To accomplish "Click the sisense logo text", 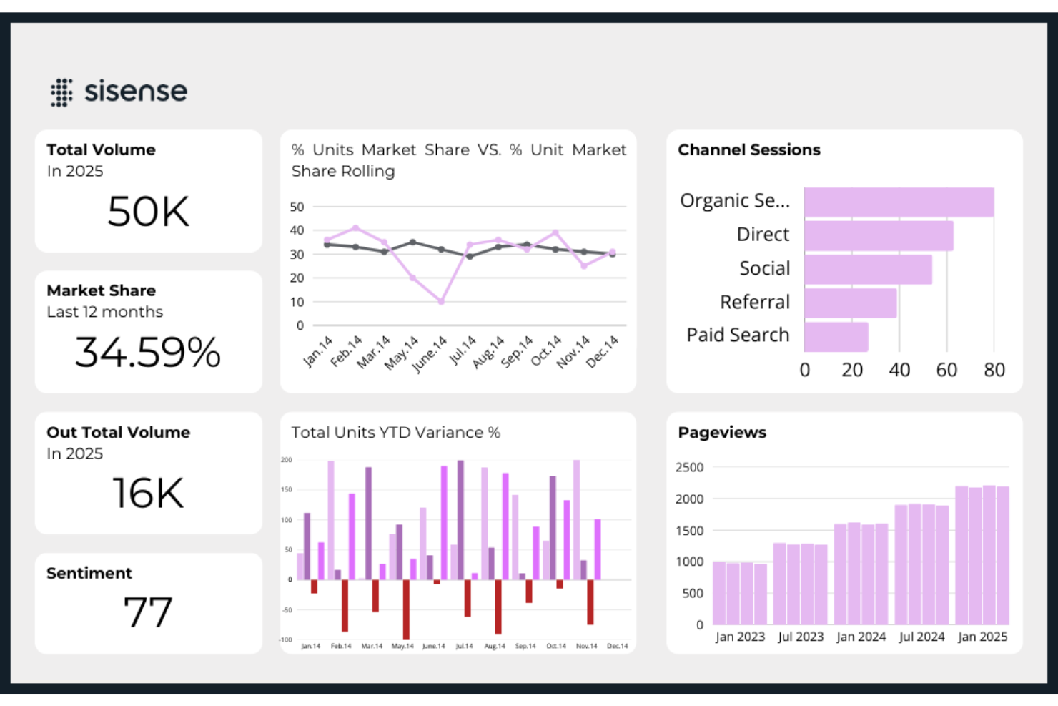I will click(x=135, y=92).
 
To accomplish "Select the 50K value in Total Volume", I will click(x=149, y=212).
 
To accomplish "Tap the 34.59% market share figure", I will click(x=148, y=353).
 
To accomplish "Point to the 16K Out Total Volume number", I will click(x=149, y=494).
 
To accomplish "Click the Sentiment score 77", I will click(x=148, y=612).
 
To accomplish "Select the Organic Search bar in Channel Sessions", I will click(x=899, y=202).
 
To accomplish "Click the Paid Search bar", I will click(x=836, y=336).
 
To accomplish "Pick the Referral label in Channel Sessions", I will click(x=754, y=302).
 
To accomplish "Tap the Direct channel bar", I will click(x=879, y=235).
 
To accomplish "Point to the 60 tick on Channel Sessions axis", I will click(x=946, y=370).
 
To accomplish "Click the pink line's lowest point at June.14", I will click(x=441, y=302).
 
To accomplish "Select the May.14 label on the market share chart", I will click(x=401, y=353).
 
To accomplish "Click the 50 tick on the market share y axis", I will click(x=297, y=207).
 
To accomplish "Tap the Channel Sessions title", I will click(x=748, y=149).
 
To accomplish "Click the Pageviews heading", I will click(x=721, y=432).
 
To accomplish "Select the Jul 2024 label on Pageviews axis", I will click(x=921, y=637).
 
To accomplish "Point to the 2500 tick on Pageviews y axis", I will click(x=689, y=467).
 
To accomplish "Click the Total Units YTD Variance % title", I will click(x=395, y=432).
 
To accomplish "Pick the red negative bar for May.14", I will click(x=406, y=609).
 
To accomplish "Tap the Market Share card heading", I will click(x=101, y=290).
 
